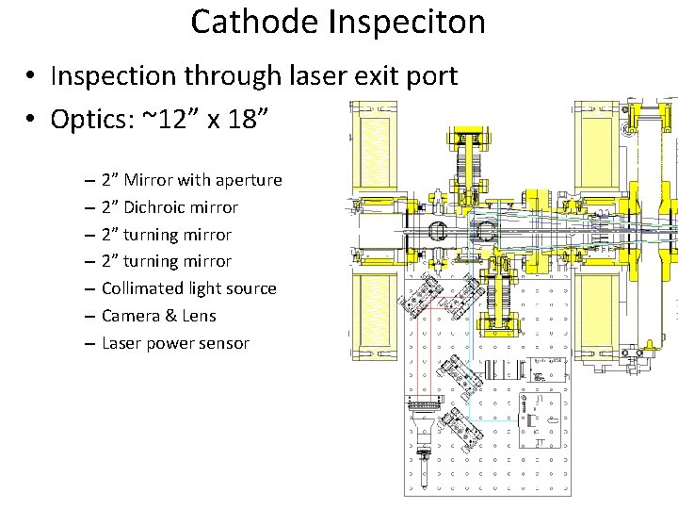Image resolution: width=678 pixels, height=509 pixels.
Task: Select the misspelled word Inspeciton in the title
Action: pyautogui.click(x=407, y=22)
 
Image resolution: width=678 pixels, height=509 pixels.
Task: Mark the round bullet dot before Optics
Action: pyautogui.click(x=31, y=121)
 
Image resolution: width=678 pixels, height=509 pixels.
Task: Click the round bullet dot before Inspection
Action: pyautogui.click(x=31, y=76)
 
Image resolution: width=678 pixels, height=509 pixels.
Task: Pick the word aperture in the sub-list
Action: pyautogui.click(x=249, y=181)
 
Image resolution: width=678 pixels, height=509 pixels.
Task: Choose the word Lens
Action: pyautogui.click(x=199, y=316)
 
